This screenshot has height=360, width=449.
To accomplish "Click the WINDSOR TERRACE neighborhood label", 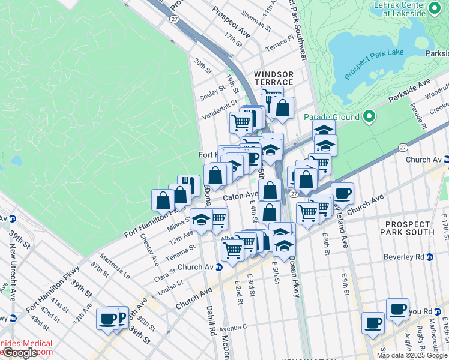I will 273,77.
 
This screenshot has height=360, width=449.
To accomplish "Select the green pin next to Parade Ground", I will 369,117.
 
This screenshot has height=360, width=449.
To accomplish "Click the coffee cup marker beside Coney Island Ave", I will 342,193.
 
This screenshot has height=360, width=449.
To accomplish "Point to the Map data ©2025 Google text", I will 412,355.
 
